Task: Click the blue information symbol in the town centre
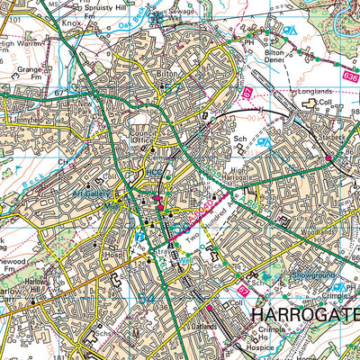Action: pos(139,238)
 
